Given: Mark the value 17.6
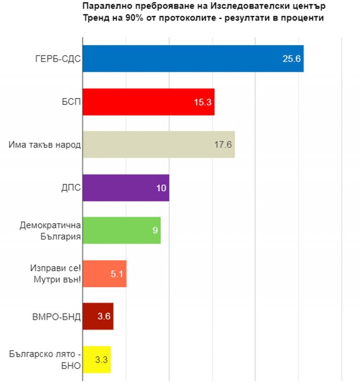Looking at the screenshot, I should [x=223, y=144].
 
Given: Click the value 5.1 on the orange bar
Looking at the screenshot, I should [x=117, y=273].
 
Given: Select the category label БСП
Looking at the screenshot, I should [x=69, y=102].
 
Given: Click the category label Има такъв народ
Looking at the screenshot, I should [x=45, y=144].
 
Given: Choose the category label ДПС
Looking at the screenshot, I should [x=70, y=188].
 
